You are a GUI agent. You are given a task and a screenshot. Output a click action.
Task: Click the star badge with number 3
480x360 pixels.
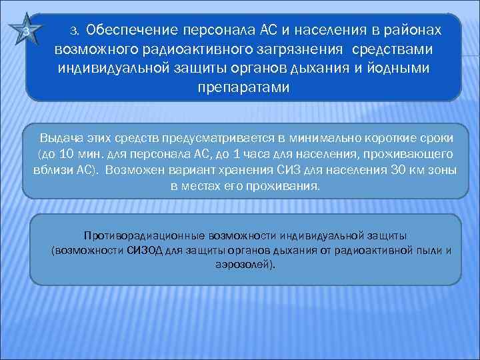click(25, 32)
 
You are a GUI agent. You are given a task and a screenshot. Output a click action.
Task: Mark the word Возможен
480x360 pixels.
click(133, 170)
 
